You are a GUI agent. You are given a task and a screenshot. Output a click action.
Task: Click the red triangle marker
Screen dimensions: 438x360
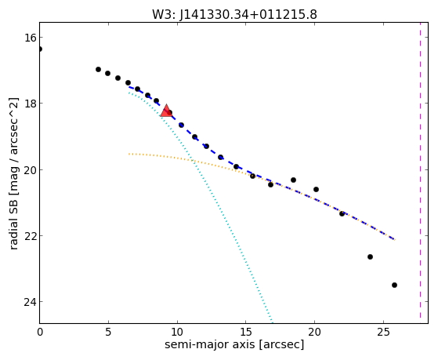(166, 111)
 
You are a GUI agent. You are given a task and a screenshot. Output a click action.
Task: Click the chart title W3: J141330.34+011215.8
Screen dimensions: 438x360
(234, 14)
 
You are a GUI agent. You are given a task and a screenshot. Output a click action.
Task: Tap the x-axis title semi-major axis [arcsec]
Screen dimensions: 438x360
(234, 344)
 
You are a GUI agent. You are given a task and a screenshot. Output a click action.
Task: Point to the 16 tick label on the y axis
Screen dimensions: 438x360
(30, 38)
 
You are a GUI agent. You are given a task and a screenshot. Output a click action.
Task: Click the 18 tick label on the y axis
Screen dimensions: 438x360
(30, 104)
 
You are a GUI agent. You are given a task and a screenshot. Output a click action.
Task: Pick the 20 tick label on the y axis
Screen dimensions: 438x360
(30, 169)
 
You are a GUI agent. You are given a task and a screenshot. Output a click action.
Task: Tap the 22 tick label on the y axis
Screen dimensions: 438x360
(30, 236)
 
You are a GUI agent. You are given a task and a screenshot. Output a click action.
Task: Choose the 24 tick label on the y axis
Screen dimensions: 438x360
(30, 302)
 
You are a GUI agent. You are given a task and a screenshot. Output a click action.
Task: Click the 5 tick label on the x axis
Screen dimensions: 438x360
(108, 332)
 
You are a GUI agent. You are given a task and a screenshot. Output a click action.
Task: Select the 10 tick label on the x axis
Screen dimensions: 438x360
(177, 332)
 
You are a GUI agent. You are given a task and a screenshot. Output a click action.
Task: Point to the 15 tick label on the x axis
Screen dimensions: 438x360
(246, 332)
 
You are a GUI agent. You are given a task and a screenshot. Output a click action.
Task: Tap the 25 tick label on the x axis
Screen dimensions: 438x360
(383, 332)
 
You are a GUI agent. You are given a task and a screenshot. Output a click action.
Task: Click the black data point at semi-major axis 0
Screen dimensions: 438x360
(40, 49)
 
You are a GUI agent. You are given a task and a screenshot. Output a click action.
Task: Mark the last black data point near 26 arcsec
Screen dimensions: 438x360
(394, 285)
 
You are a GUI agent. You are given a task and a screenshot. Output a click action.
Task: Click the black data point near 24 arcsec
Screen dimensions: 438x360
(370, 256)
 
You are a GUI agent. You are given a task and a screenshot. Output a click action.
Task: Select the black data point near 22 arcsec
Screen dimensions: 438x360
(342, 213)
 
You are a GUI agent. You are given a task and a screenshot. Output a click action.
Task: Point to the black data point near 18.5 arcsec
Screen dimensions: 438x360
(293, 180)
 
